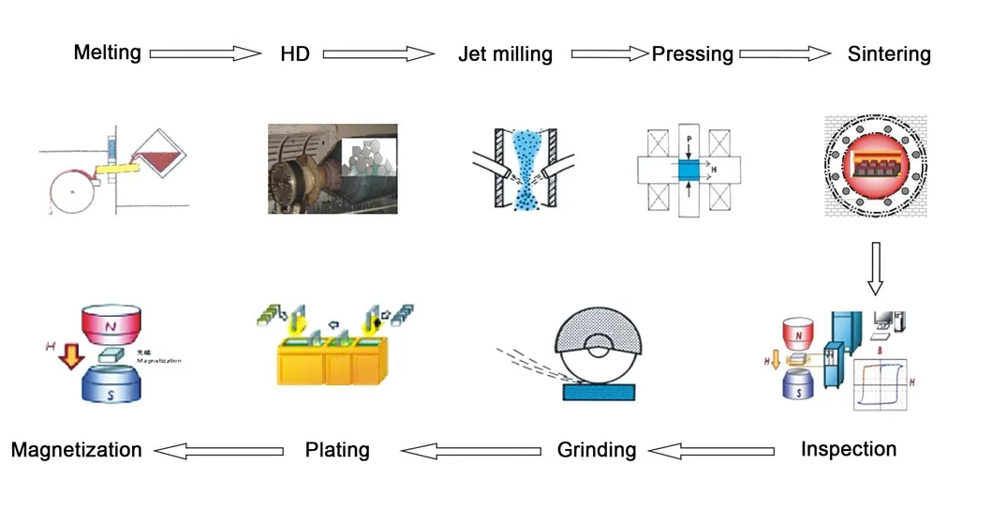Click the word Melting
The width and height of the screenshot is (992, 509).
point(108,52)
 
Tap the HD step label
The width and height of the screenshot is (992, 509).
point(294,53)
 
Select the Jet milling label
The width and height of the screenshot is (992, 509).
point(505,54)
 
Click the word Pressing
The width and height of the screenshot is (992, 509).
point(692,53)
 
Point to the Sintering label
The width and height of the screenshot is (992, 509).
point(889,53)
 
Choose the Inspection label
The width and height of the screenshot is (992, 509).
point(848,449)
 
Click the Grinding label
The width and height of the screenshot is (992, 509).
point(597,450)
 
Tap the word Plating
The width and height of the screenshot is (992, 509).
point(337,450)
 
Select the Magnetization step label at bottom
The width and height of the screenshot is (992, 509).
point(77,450)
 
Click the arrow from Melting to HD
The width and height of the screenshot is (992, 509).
point(205,53)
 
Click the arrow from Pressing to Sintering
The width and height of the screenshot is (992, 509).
point(785,54)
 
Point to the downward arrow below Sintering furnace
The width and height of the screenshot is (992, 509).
point(874,268)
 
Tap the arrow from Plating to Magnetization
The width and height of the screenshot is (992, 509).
point(219,451)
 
